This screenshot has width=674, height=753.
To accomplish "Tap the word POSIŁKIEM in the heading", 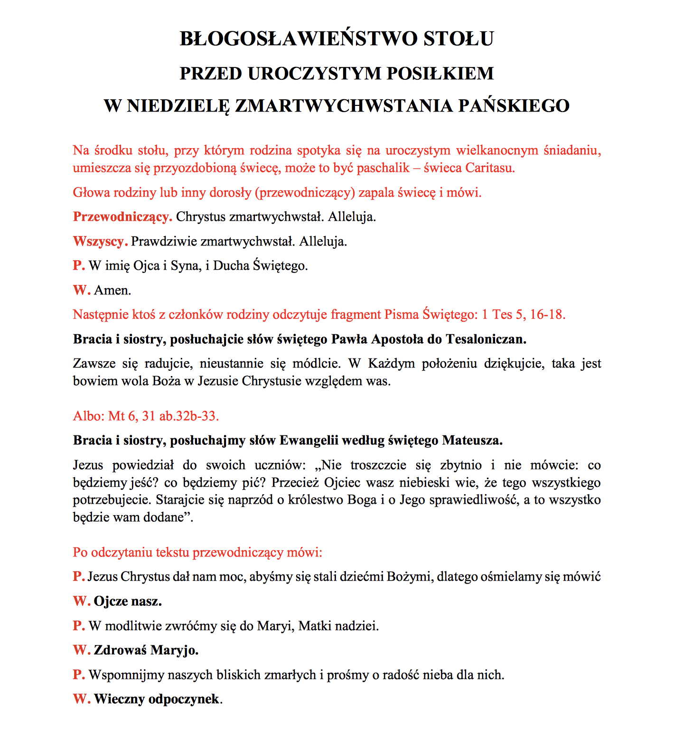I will coord(440,74).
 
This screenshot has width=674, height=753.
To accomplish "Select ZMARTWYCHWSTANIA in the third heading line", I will coord(344,106).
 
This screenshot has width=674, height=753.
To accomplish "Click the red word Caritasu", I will coord(490,168).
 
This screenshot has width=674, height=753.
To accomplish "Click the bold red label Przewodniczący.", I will coord(122,217).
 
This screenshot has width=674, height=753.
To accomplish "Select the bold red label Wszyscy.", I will coord(100,241).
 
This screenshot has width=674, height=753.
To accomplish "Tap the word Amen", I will coord(112,290).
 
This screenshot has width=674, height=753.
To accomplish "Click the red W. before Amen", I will coord(81,290).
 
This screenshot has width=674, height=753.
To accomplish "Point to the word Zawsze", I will coord(94,364).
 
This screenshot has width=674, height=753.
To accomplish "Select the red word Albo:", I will coord(89,416).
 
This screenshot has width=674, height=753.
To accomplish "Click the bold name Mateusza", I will coord(472,441).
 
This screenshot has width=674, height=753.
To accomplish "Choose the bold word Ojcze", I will coord(111,602).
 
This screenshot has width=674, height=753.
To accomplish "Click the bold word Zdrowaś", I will coord(120,650).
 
